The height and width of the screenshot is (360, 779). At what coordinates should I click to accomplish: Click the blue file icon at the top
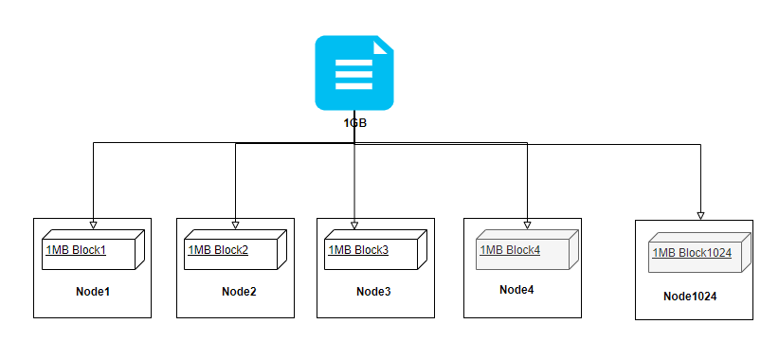(353, 72)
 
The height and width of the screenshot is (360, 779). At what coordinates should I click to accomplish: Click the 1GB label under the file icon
(354, 123)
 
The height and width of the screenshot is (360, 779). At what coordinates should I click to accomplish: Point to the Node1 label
(93, 291)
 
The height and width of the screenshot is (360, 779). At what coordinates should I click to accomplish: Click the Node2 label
(239, 291)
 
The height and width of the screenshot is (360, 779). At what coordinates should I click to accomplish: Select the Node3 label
(373, 291)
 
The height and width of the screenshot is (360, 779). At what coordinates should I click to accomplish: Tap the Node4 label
(516, 289)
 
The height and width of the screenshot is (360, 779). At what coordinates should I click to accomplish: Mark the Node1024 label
(690, 297)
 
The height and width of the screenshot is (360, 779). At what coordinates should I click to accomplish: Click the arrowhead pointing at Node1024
(701, 213)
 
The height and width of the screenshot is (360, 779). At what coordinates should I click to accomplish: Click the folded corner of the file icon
(383, 45)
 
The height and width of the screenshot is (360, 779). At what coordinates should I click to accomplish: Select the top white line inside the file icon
(353, 61)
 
